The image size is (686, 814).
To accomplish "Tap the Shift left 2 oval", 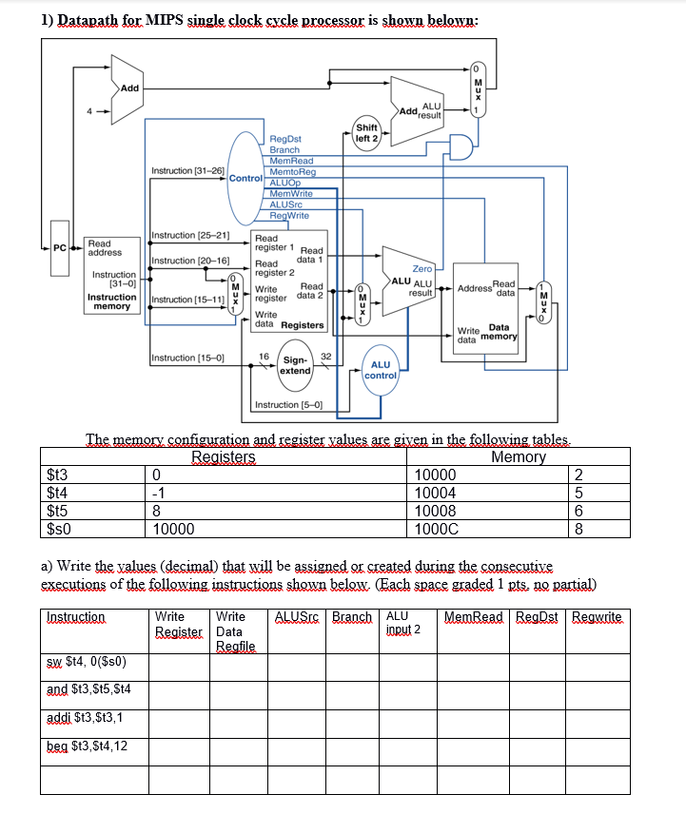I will click(x=367, y=133).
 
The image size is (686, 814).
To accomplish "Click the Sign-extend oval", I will click(x=295, y=365).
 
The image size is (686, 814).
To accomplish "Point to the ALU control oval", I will click(x=380, y=369).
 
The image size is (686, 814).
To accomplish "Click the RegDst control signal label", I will click(x=285, y=139).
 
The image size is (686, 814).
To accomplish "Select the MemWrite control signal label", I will click(x=291, y=193).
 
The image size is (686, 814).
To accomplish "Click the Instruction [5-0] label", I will click(x=290, y=405).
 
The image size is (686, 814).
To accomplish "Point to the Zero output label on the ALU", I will click(x=421, y=269).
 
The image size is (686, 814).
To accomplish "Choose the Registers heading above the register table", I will click(x=224, y=457).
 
